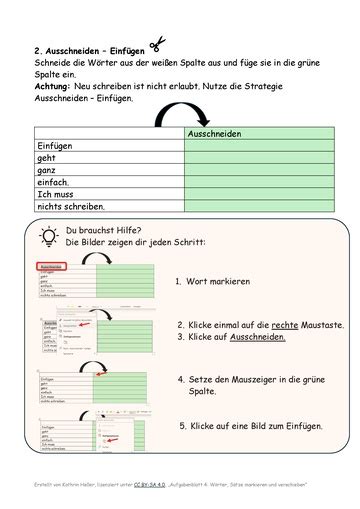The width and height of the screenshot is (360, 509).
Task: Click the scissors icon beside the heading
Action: click(156, 45)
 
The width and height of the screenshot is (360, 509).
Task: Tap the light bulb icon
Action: click(47, 237)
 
